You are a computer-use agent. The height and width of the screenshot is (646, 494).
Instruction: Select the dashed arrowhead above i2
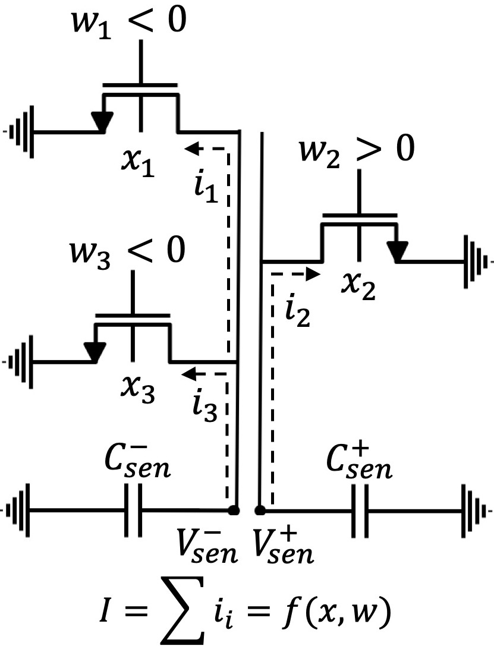[x=313, y=274]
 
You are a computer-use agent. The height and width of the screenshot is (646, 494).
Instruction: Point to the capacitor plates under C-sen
[x=134, y=511]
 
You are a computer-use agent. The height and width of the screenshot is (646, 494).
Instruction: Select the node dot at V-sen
[x=235, y=511]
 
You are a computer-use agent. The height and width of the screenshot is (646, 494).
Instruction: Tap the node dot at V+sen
[x=259, y=511]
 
